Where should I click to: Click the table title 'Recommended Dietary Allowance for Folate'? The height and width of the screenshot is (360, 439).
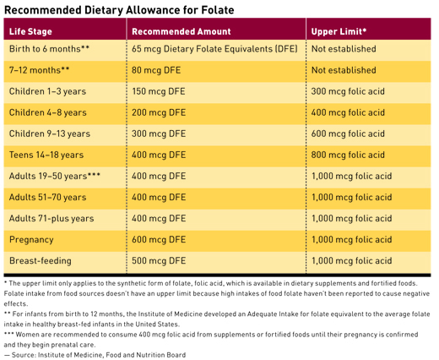(x=119, y=10)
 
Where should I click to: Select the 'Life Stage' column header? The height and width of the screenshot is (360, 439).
(x=30, y=31)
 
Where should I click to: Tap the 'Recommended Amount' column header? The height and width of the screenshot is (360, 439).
(x=182, y=31)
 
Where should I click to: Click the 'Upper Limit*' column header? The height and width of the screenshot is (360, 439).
(x=339, y=31)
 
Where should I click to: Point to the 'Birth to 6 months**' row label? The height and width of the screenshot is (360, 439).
(x=49, y=49)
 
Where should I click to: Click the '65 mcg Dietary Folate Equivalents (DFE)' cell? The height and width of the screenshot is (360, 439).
(x=214, y=49)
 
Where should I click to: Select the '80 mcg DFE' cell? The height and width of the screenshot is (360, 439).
(x=156, y=70)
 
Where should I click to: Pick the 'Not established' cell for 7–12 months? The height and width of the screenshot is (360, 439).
(x=344, y=70)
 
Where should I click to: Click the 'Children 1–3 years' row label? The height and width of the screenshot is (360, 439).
(x=47, y=91)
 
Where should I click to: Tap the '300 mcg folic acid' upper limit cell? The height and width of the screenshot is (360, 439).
(x=348, y=91)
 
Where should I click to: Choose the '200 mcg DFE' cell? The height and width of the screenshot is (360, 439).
(x=159, y=112)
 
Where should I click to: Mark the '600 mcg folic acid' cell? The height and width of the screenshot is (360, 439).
(x=348, y=134)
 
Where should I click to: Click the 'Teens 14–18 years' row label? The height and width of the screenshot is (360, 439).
(x=46, y=155)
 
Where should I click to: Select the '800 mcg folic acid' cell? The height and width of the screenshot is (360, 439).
(x=348, y=155)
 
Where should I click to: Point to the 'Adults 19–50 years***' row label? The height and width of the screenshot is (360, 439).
(x=55, y=176)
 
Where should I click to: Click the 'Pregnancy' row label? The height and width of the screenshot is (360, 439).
(x=31, y=240)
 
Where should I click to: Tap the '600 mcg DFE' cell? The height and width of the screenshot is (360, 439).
(x=159, y=240)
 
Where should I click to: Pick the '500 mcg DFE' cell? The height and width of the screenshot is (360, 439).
(x=159, y=261)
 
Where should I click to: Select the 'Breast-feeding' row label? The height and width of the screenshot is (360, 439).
(x=41, y=261)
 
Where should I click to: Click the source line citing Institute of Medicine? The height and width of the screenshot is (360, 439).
(x=95, y=355)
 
